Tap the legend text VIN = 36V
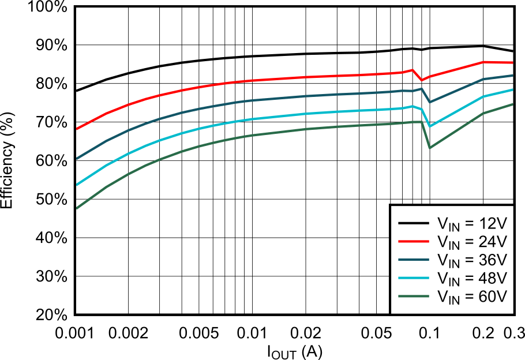[x=471, y=261]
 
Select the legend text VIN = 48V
[x=471, y=280]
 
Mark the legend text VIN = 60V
[x=471, y=298]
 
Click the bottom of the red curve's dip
[x=422, y=80]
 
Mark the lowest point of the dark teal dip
[x=430, y=102]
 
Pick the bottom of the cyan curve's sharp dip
[x=430, y=126]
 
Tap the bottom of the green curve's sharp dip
[x=430, y=148]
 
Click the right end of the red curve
[x=513, y=62]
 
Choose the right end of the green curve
[x=513, y=104]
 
